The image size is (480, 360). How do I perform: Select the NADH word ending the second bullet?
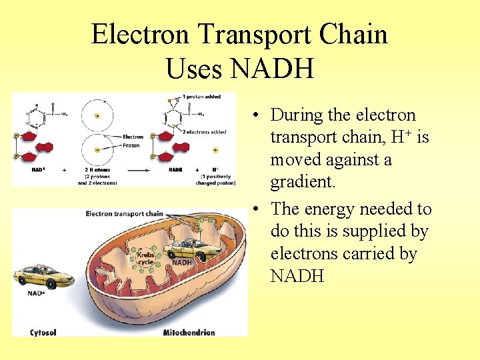click(297, 275)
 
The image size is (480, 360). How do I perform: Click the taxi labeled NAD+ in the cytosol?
click(44, 275)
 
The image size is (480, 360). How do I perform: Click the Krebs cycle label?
click(146, 257)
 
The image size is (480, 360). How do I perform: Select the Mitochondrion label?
click(189, 332)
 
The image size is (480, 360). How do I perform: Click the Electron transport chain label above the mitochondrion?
click(124, 214)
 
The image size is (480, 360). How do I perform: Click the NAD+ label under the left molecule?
click(38, 170)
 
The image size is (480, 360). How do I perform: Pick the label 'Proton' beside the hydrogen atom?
click(131, 144)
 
